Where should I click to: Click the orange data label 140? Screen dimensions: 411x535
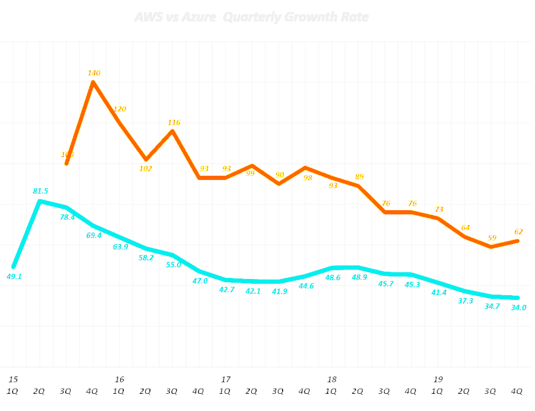94,73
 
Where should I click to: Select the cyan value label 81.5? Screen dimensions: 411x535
41,191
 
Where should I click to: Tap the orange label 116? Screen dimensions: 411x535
174,123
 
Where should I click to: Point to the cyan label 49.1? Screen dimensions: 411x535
14,277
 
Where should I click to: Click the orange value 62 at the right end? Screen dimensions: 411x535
518,232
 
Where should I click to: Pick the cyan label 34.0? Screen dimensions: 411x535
518,307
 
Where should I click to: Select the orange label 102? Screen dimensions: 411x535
146,168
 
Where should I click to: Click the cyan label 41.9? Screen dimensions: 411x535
280,291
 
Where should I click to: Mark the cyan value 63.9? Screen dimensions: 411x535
121,247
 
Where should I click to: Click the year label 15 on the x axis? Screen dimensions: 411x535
13,379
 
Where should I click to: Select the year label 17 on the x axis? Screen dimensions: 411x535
226,379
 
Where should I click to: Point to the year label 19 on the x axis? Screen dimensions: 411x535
438,379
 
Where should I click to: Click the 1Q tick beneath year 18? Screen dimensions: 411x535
332,391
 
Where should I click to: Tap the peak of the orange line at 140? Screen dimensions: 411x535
94,82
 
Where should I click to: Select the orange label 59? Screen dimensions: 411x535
492,238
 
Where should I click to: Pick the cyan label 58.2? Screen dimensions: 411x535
146,258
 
